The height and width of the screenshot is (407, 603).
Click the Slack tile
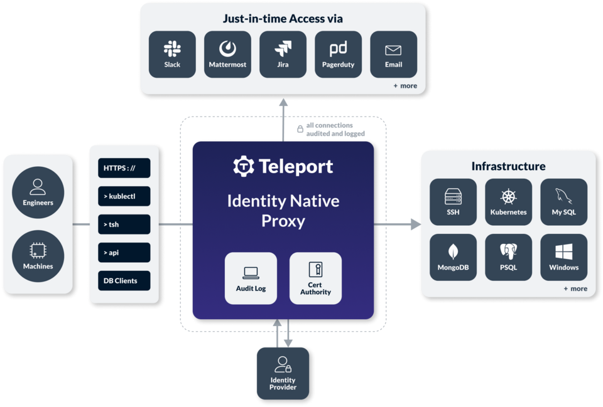172,55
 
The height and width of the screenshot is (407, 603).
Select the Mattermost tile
227,55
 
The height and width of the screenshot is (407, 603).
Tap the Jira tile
283,55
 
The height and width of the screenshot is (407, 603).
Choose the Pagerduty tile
339,55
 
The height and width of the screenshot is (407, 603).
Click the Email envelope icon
393,50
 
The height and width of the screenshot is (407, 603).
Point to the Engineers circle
38,193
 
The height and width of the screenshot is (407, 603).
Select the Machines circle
38,256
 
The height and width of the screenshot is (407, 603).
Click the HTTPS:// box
124,168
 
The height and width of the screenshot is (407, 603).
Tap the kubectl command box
124,196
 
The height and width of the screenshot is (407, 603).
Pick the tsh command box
124,225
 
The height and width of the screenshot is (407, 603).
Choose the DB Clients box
124,281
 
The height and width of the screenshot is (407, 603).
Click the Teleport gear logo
244,166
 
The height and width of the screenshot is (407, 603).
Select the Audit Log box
251,278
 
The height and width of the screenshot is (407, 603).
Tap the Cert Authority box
315,278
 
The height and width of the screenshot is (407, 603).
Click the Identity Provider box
283,374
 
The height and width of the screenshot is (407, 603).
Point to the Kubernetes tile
508,202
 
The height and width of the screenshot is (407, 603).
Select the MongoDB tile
453,257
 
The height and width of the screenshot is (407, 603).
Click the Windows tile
564,257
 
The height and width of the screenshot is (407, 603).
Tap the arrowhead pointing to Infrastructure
416,225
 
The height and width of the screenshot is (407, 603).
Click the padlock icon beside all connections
300,129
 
